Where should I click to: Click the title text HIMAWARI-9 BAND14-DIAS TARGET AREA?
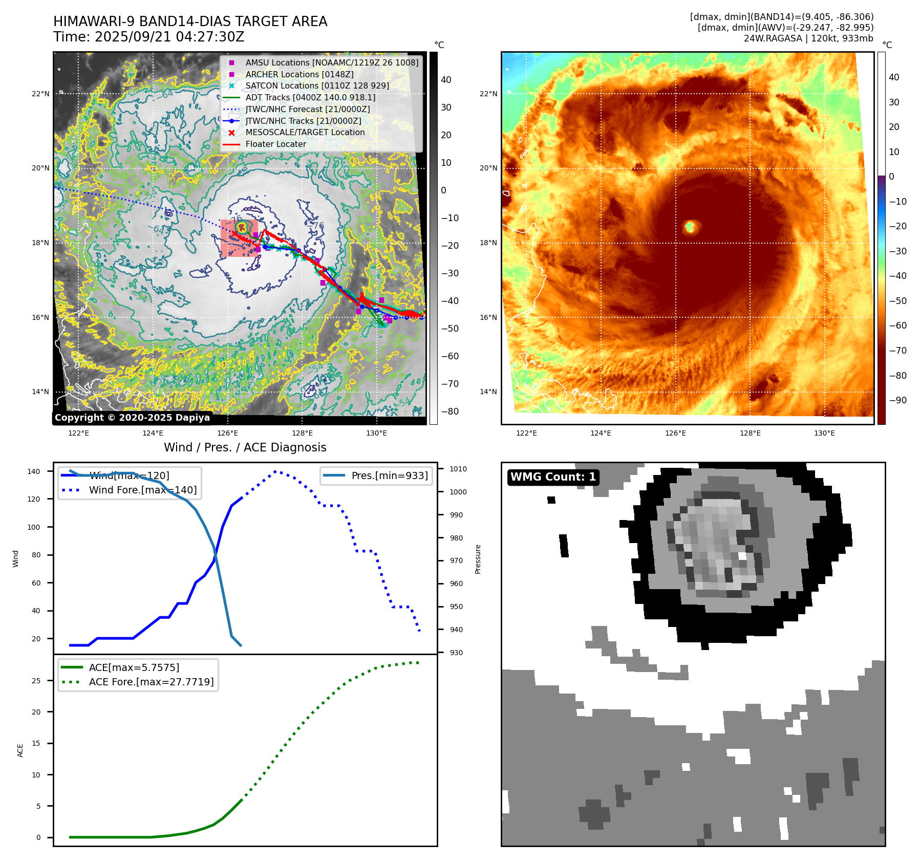pyautogui.click(x=190, y=21)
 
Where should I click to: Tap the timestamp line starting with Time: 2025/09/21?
pyautogui.click(x=148, y=37)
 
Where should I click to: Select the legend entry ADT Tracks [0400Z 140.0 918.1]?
pyautogui.click(x=310, y=97)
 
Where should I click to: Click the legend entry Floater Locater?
pyautogui.click(x=275, y=144)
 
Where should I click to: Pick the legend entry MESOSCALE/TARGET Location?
pyautogui.click(x=305, y=132)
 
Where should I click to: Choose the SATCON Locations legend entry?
pyautogui.click(x=317, y=85)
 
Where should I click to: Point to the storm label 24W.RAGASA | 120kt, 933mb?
pyautogui.click(x=808, y=38)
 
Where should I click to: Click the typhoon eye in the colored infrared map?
pyautogui.click(x=690, y=226)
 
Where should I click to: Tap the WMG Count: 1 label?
pyautogui.click(x=553, y=477)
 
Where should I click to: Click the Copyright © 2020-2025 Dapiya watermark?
pyautogui.click(x=132, y=418)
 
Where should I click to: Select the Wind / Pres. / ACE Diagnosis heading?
pyautogui.click(x=245, y=447)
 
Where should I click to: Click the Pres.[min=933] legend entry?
pyautogui.click(x=389, y=475)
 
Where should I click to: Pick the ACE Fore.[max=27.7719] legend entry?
pyautogui.click(x=151, y=682)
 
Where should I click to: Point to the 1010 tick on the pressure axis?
pyautogui.click(x=458, y=469)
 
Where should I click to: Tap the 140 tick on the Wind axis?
pyautogui.click(x=33, y=471)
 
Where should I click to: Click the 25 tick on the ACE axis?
pyautogui.click(x=36, y=681)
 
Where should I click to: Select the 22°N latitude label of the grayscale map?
pyautogui.click(x=40, y=94)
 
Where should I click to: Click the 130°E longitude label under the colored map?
pyautogui.click(x=824, y=433)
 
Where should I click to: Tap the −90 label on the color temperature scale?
pyautogui.click(x=897, y=400)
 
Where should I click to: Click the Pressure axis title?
pyautogui.click(x=478, y=559)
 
